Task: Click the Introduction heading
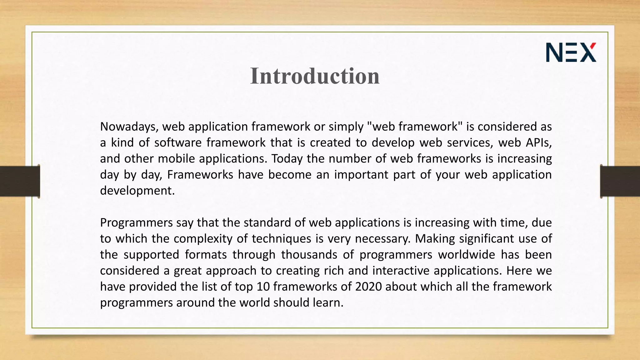(x=315, y=76)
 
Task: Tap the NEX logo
(x=571, y=52)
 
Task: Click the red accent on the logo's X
(x=593, y=47)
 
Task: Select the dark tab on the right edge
(x=620, y=181)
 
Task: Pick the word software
(x=178, y=142)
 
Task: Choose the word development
(x=137, y=191)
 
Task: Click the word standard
(x=269, y=223)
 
